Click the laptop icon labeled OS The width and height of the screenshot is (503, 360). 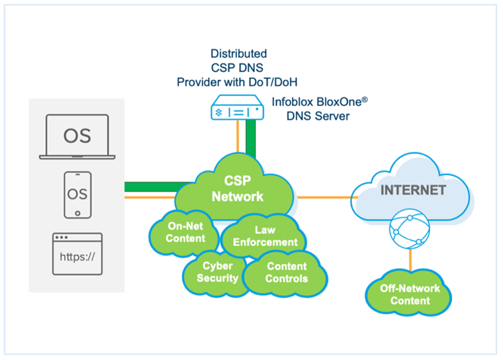[x=77, y=137]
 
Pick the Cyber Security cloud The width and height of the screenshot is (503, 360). [x=216, y=272]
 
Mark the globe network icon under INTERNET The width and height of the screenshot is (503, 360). [x=410, y=229]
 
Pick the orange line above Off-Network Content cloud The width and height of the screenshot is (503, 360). [x=410, y=261]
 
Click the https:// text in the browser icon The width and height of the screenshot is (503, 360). [x=78, y=256]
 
